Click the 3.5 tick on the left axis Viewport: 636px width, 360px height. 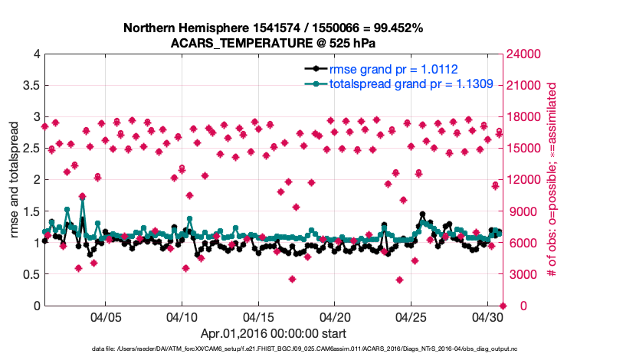pos(30,85)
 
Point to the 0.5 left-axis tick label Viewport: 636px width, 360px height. pos(30,274)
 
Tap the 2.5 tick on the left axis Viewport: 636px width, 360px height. pos(30,148)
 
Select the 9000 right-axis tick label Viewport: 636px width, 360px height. pos(519,211)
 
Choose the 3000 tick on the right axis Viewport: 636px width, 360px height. pos(519,274)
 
